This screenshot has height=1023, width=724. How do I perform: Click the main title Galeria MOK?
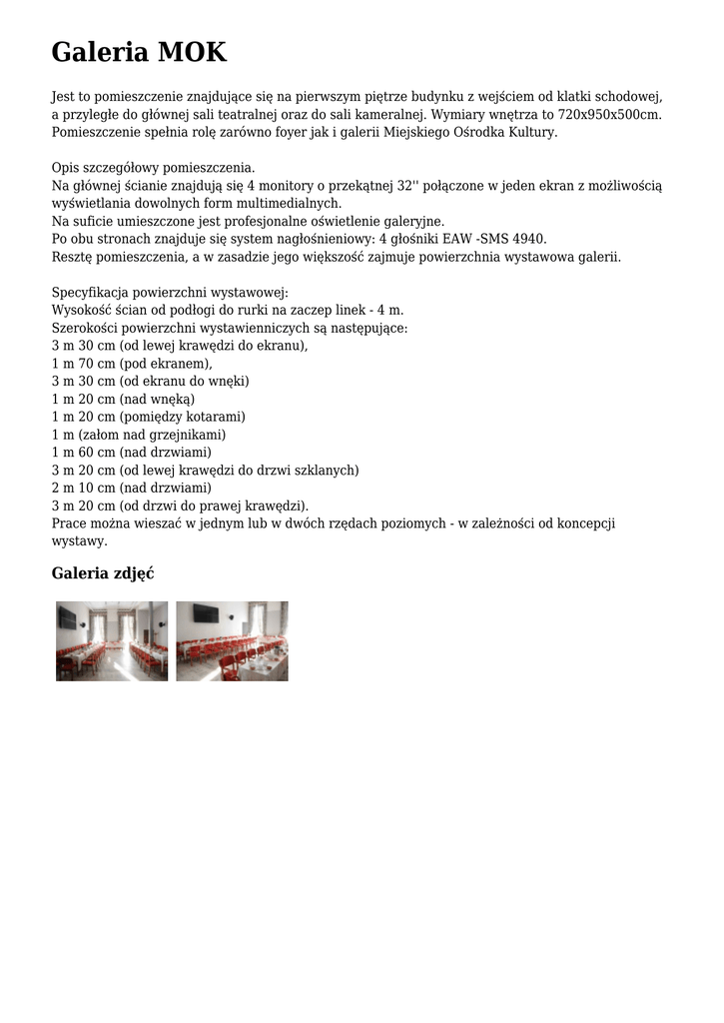(139, 52)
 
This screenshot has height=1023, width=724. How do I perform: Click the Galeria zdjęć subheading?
(102, 573)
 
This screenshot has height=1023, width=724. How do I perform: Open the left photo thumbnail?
(112, 641)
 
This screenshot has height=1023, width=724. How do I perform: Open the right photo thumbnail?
(232, 641)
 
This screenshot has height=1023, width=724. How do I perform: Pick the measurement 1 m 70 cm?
(83, 364)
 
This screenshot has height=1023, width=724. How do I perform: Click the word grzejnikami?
(189, 435)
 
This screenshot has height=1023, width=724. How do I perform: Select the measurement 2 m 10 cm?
(83, 488)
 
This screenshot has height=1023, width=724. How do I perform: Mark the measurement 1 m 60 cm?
(83, 452)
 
